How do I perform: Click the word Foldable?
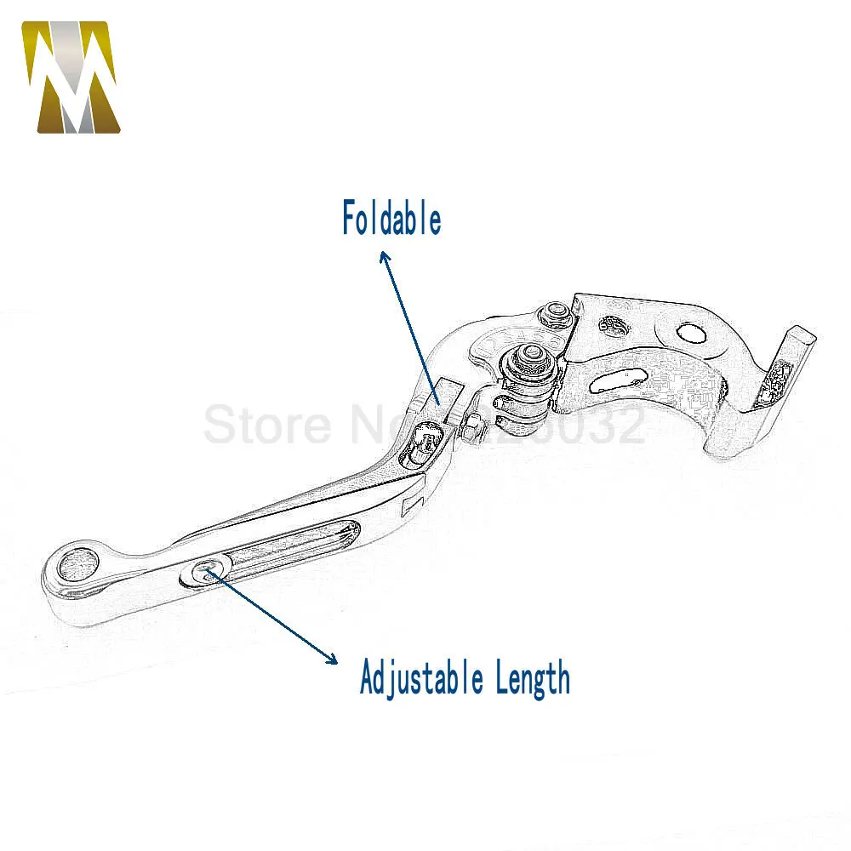391,218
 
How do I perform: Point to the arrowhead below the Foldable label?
385,256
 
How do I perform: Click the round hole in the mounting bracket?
690,335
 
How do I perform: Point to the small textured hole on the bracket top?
610,324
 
